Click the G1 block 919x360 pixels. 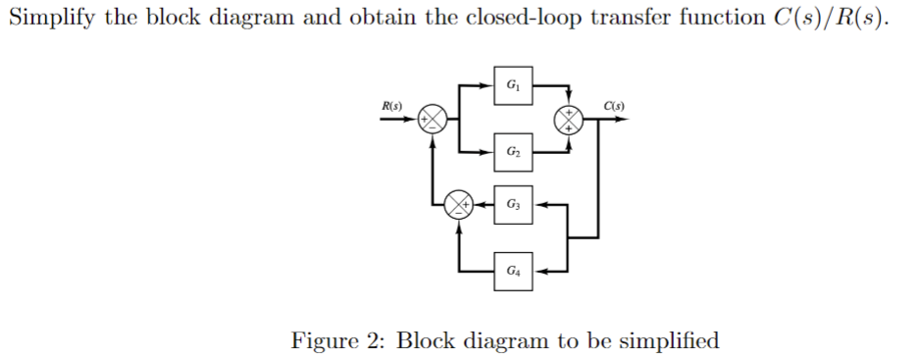coord(513,84)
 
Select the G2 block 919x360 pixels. coord(513,152)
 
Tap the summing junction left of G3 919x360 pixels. coord(458,204)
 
